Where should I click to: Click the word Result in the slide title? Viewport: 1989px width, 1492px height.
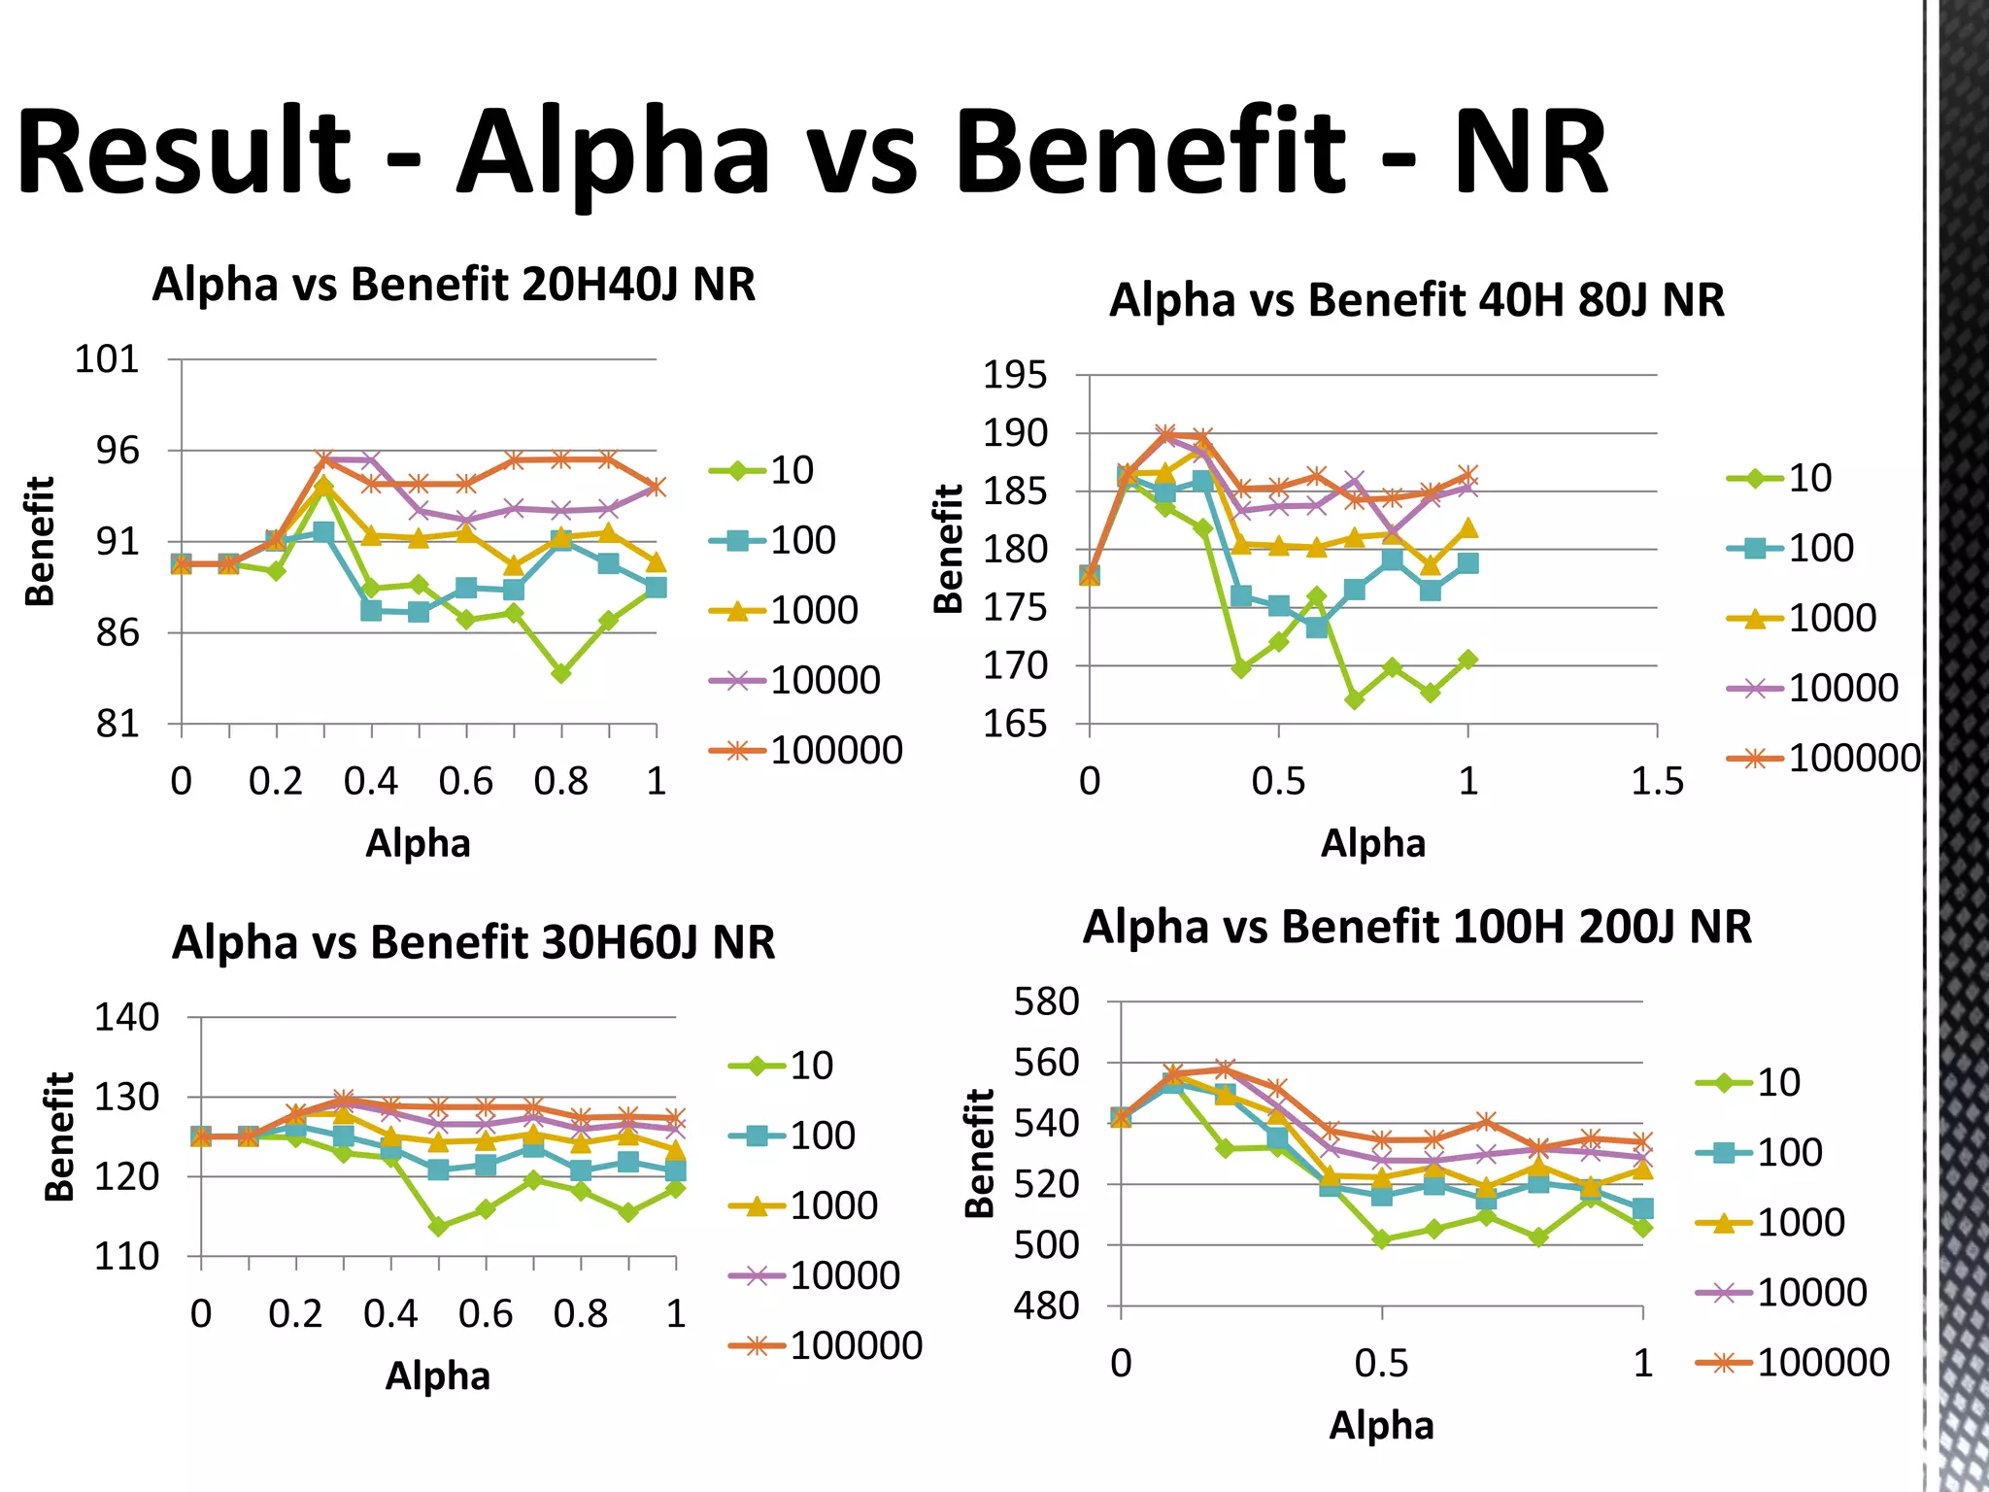pyautogui.click(x=185, y=153)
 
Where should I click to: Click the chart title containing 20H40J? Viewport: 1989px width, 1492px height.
pyautogui.click(x=454, y=286)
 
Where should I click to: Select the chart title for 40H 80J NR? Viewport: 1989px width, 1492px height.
pyautogui.click(x=1416, y=300)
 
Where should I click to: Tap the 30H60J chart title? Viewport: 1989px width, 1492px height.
pyautogui.click(x=473, y=943)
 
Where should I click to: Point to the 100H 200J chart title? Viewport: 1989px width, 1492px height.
pyautogui.click(x=1416, y=927)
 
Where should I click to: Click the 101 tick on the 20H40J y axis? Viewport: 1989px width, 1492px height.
pyautogui.click(x=107, y=360)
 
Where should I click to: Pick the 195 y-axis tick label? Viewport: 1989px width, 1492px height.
pyautogui.click(x=1015, y=375)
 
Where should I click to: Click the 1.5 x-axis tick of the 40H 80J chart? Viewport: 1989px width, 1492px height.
pyautogui.click(x=1656, y=782)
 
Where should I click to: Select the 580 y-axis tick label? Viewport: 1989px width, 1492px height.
pyautogui.click(x=1046, y=1002)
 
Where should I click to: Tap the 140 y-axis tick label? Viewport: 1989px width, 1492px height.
pyautogui.click(x=126, y=1018)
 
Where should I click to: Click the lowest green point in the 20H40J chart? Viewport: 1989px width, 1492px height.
pyautogui.click(x=560, y=673)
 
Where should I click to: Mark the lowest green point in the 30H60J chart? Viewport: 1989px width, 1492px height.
pyautogui.click(x=438, y=1227)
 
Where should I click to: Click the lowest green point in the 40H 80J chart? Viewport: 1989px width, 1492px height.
pyautogui.click(x=1355, y=699)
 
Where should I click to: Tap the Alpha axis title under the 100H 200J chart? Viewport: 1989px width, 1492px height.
pyautogui.click(x=1380, y=1426)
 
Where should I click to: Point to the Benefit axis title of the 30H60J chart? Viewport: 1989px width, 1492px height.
pyautogui.click(x=59, y=1136)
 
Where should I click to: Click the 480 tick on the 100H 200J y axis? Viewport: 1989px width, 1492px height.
pyautogui.click(x=1046, y=1306)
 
